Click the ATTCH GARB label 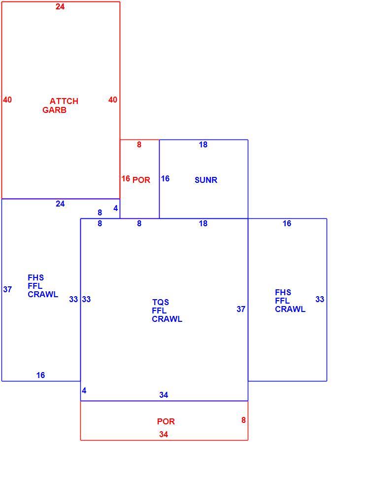pyautogui.click(x=61, y=105)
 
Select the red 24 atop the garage pyautogui.click(x=60, y=6)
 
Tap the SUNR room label pyautogui.click(x=206, y=180)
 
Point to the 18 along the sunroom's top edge pyautogui.click(x=203, y=144)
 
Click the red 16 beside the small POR pyautogui.click(x=126, y=178)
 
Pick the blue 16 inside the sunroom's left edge pyautogui.click(x=166, y=178)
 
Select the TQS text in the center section pyautogui.click(x=161, y=302)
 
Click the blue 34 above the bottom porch pyautogui.click(x=164, y=395)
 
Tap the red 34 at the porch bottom pyautogui.click(x=164, y=434)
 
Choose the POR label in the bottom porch pyautogui.click(x=166, y=421)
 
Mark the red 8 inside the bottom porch pyautogui.click(x=243, y=420)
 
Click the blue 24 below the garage pyautogui.click(x=60, y=204)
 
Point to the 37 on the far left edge pyautogui.click(x=8, y=290)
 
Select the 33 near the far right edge pyautogui.click(x=320, y=300)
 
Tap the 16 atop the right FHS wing pyautogui.click(x=287, y=223)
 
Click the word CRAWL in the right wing pyautogui.click(x=290, y=310)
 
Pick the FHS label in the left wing pyautogui.click(x=36, y=277)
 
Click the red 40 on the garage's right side pyautogui.click(x=113, y=100)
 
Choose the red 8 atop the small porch pyautogui.click(x=139, y=144)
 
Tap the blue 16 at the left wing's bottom pyautogui.click(x=41, y=375)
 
